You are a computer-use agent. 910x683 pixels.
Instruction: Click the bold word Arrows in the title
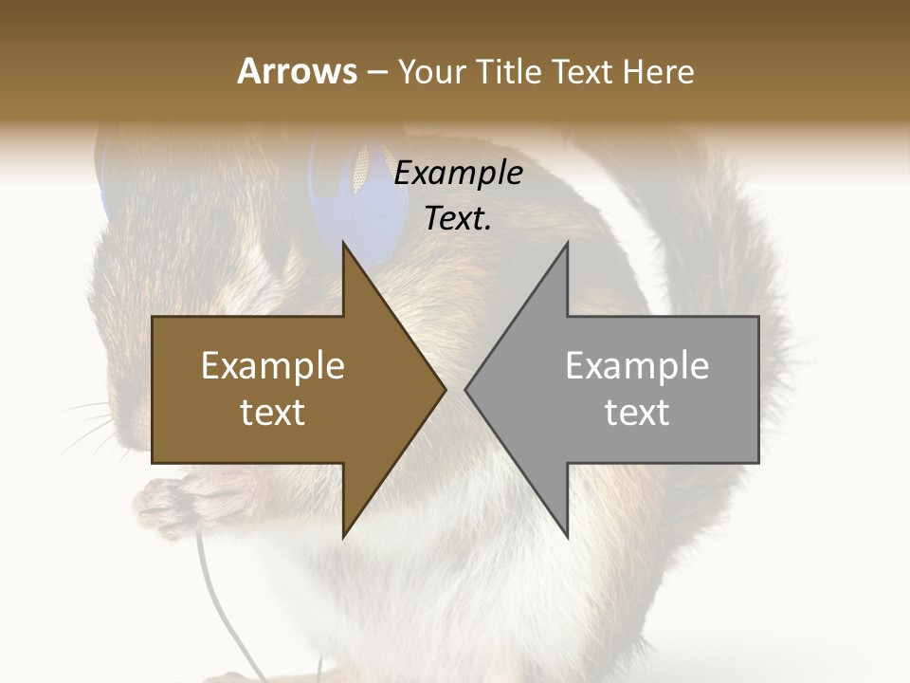(297, 71)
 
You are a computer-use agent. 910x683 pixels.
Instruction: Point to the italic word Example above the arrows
(458, 174)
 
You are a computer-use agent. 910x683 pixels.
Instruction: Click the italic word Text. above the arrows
(458, 219)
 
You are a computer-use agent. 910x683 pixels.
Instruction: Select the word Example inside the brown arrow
(272, 366)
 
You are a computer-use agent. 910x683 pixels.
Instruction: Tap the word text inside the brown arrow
(272, 413)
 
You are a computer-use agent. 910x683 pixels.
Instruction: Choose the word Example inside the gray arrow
(637, 366)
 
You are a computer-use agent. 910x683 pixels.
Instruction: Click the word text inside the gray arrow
(637, 413)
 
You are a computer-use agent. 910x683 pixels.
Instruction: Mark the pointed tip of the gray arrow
(466, 389)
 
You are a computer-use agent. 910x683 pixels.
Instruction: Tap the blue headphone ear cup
(365, 194)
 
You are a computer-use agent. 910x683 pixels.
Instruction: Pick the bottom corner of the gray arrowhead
(567, 536)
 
